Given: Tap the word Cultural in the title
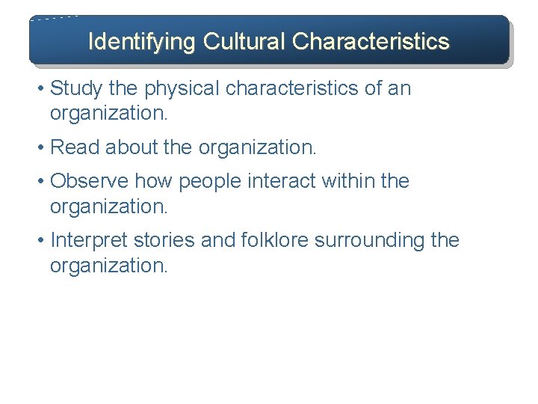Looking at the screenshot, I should point(242,41).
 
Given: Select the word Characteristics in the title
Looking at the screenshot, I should point(371,41).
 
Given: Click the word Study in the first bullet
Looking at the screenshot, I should point(76,88).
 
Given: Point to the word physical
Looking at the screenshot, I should point(182,89).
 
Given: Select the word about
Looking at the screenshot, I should point(131,148).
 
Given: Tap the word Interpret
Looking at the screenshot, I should point(87,241).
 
